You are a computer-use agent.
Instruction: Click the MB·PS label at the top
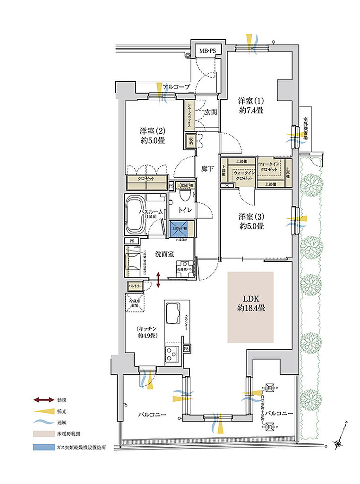pos(207,51)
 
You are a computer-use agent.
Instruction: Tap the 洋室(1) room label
pos(250,105)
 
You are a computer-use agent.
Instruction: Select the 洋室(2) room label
pos(152,135)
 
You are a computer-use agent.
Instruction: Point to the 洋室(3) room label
pos(250,221)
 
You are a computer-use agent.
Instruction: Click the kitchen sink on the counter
pos(173,312)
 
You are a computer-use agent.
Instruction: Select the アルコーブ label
pos(176,87)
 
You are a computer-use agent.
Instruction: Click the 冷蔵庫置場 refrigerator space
pos(134,302)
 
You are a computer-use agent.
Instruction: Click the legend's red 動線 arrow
pos(44,400)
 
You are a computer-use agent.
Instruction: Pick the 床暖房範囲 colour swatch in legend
pos(44,432)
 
